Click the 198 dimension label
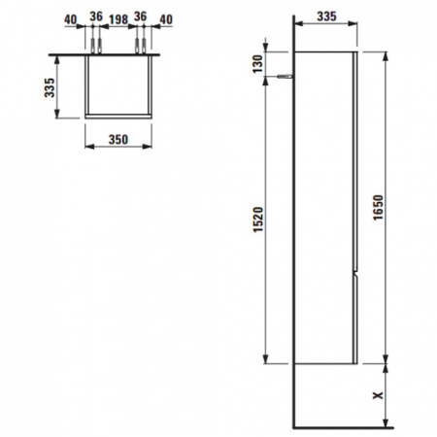coord(118,19)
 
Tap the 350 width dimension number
coord(118,140)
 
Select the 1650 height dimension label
coord(378,208)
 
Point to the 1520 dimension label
coord(258,219)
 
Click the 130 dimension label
coord(258,64)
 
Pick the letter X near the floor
coord(378,395)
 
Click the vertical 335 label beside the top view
coord(50,87)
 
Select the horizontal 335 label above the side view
coord(326,17)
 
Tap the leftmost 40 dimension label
coord(71,19)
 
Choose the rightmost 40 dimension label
coord(166,19)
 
